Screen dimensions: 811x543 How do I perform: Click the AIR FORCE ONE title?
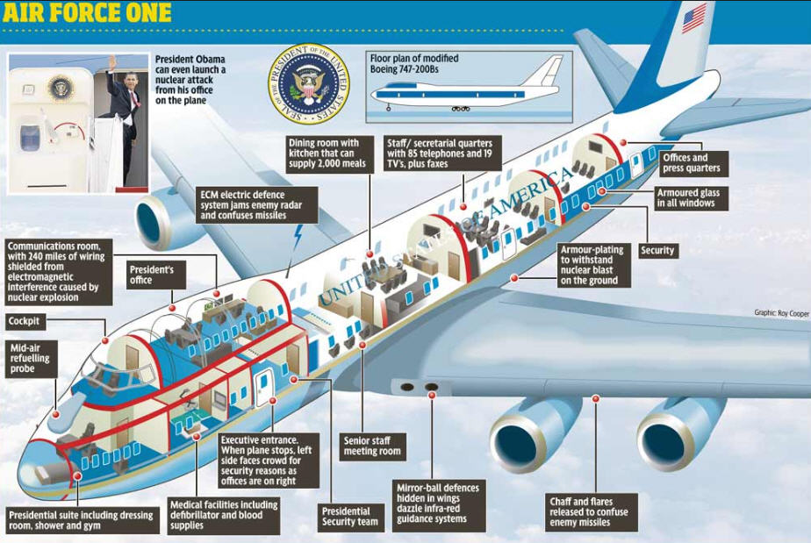[87, 12]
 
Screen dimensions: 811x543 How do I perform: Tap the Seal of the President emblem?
[309, 83]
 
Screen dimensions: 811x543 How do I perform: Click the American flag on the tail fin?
[694, 18]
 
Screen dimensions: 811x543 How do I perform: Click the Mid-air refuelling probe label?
[31, 359]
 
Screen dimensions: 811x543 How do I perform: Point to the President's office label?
[155, 275]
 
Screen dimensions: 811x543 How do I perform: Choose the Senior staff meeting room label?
[373, 447]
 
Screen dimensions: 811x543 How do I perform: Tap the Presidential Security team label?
[351, 517]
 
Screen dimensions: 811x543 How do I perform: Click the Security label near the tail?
[658, 250]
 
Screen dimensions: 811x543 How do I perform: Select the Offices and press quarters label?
[693, 163]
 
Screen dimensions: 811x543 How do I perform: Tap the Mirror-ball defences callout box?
[439, 503]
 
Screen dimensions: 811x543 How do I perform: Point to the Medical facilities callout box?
[225, 515]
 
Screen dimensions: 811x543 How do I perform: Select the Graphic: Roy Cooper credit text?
[781, 313]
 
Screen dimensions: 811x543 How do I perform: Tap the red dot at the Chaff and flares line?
[595, 398]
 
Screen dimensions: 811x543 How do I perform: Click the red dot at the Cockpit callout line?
[105, 340]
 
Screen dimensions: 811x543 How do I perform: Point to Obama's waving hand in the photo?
[112, 63]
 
